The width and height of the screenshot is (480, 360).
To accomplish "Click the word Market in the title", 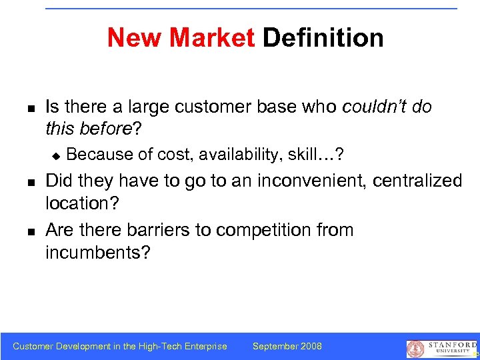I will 212,38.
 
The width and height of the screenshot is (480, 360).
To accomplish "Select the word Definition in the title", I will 323,38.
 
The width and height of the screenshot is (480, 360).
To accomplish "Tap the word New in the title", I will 136,38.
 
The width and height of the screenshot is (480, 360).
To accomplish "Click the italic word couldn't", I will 374,107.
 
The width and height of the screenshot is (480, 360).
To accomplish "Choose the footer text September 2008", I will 287,346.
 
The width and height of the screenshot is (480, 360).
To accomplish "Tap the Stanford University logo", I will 439,348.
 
